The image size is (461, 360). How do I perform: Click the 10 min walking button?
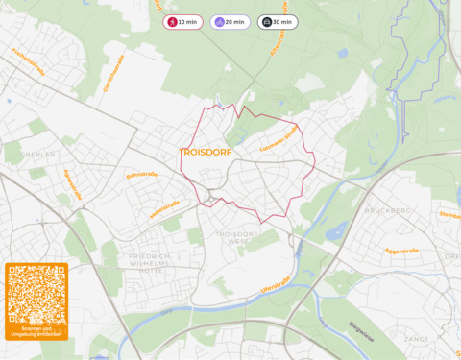(x=182, y=22)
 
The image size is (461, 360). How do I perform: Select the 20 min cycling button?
(x=230, y=22)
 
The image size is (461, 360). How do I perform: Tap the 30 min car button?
(x=277, y=22)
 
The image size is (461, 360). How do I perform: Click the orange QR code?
(x=36, y=294)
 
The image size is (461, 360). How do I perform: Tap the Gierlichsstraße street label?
(x=113, y=73)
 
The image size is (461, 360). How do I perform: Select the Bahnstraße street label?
(x=141, y=176)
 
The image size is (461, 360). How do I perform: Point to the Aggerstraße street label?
(x=402, y=251)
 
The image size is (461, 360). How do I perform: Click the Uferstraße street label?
(x=275, y=287)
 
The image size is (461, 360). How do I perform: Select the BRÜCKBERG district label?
(x=388, y=210)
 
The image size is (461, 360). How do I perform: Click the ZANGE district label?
(x=416, y=339)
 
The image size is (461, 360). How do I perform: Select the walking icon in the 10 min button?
(x=172, y=22)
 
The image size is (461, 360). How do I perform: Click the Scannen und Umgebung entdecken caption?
(x=36, y=332)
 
